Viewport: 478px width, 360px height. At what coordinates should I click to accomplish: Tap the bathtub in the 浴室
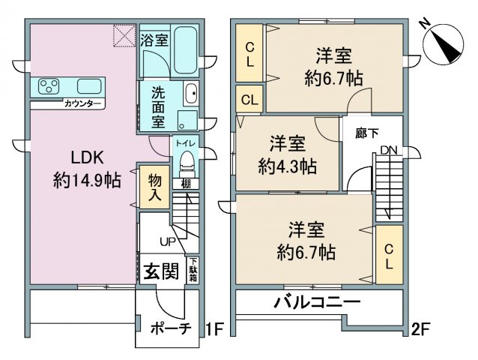pos(185,50)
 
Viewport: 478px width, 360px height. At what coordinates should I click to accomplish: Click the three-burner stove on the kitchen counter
pos(49,86)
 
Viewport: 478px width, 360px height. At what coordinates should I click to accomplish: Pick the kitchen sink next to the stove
pos(89,86)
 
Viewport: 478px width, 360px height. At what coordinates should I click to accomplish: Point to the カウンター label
pos(82,104)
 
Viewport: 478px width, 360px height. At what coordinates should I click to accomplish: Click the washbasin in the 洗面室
pos(191,94)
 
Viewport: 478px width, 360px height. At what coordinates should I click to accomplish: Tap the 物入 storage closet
pos(154,187)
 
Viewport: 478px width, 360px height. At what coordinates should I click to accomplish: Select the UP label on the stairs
pos(168,242)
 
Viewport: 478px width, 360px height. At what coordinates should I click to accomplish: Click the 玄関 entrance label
pos(161,271)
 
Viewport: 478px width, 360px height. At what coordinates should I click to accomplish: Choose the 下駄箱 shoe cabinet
pos(193,270)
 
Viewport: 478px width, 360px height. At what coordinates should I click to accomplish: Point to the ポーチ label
pos(171,328)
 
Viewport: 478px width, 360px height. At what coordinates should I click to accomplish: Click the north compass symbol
pos(443,44)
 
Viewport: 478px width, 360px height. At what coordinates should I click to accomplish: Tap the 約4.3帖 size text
pos(288,166)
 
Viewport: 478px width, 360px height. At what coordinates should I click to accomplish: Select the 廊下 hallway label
pos(366,133)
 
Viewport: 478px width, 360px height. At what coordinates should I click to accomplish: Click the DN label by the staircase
pos(389,150)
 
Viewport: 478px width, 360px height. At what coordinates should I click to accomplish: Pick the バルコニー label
pos(317,302)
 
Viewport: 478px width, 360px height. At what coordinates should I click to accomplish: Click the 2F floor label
pos(420,329)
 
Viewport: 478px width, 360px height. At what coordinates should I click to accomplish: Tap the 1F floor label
pos(214,329)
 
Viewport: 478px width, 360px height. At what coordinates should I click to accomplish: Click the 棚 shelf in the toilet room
pos(186,184)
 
